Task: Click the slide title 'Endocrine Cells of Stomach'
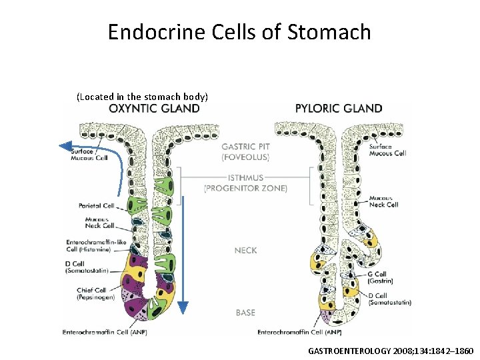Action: click(x=239, y=31)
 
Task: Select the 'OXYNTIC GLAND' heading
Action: click(x=154, y=109)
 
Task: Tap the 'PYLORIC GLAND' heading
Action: click(x=339, y=109)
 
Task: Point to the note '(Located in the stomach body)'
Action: click(x=143, y=97)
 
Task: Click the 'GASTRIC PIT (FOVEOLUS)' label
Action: click(x=245, y=152)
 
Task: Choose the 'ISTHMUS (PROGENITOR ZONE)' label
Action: click(x=245, y=183)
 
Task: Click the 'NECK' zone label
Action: click(x=245, y=250)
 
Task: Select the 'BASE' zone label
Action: click(x=245, y=312)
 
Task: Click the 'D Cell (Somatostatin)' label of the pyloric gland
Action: click(x=390, y=299)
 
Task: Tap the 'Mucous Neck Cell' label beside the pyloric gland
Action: click(x=384, y=201)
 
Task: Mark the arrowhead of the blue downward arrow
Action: click(x=182, y=308)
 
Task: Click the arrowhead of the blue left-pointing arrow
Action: click(x=65, y=144)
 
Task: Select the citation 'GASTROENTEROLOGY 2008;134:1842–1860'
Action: click(x=391, y=350)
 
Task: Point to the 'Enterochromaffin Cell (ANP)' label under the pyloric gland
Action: click(x=299, y=331)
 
